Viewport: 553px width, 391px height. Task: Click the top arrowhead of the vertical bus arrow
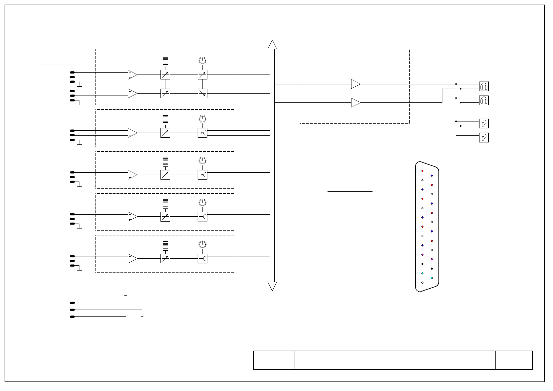(272, 44)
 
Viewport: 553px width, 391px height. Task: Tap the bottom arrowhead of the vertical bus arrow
(272, 286)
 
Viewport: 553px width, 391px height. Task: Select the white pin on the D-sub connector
(422, 282)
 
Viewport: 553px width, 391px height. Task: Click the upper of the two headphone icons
(484, 86)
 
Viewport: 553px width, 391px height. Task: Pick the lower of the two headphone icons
(484, 100)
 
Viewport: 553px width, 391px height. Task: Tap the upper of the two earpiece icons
(484, 123)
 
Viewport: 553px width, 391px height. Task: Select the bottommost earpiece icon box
(484, 137)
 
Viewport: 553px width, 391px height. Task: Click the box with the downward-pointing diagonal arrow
(202, 93)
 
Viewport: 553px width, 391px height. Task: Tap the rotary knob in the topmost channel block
(202, 60)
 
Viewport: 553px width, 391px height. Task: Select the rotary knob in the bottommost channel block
(202, 244)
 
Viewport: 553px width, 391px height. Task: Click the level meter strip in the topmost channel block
(165, 60)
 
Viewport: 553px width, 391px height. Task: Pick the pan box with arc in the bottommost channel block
(202, 259)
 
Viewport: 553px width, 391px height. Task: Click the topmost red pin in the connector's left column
(422, 171)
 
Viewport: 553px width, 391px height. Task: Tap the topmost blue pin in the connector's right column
(432, 176)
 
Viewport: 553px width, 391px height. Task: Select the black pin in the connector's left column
(422, 264)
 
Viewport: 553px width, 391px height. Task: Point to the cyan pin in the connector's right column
(432, 278)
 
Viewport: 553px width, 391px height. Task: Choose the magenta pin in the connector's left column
(422, 255)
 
